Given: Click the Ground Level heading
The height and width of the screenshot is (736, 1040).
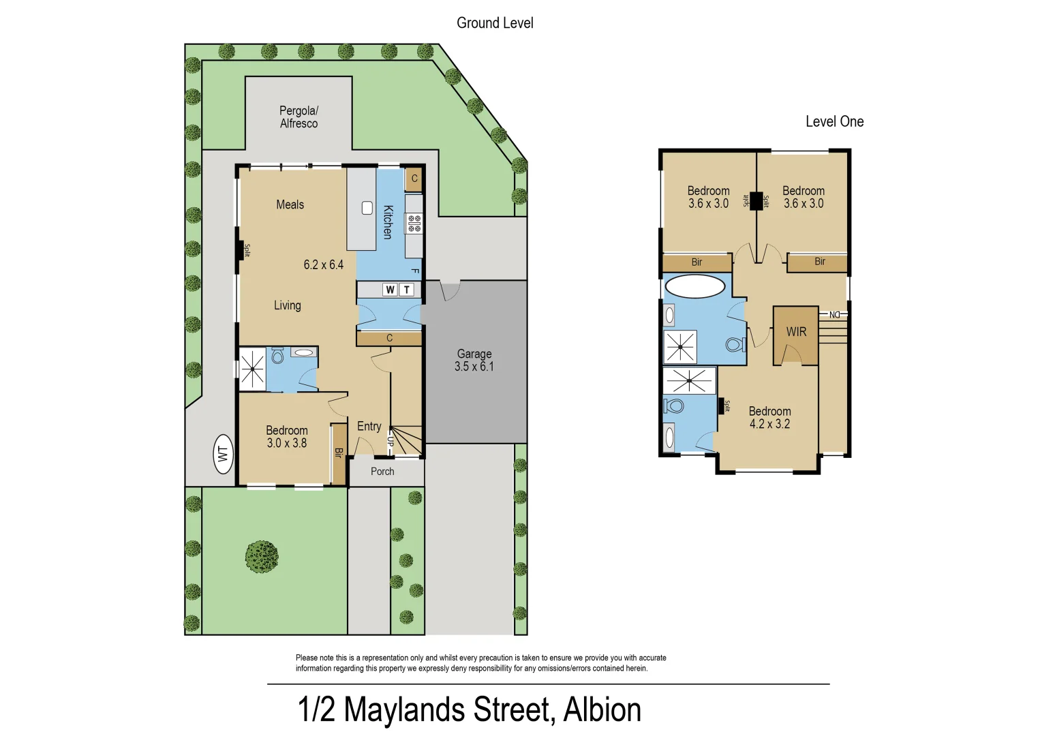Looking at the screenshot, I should point(495,23).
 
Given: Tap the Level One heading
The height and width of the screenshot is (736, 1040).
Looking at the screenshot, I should point(834,121).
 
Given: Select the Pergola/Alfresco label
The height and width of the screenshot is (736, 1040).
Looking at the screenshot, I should point(299,117).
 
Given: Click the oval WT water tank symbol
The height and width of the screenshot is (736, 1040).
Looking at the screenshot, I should point(223,453).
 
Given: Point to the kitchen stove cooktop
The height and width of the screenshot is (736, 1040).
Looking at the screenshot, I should point(414,223).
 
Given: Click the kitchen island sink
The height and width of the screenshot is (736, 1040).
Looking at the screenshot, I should point(367,208).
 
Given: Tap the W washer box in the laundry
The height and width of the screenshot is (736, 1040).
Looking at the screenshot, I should point(390,290).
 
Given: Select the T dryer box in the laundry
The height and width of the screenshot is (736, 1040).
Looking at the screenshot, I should point(407,290).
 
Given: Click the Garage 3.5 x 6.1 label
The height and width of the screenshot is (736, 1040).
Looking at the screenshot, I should point(474,360).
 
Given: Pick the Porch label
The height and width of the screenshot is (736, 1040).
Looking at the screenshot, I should point(382,472).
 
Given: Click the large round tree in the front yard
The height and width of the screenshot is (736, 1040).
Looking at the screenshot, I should point(262,557).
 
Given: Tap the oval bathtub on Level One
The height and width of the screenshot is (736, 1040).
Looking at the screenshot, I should point(694,286).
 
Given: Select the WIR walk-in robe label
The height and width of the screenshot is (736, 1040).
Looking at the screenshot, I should point(796,332).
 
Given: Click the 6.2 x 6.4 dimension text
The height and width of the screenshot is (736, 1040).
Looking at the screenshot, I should point(323,264).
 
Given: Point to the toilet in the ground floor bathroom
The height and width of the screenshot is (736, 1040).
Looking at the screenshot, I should point(277,356).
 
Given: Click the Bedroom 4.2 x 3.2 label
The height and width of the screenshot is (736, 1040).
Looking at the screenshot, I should point(769,417).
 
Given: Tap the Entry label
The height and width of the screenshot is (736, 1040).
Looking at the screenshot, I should point(369,426).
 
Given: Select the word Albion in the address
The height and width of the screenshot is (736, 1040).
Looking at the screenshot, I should point(602,709).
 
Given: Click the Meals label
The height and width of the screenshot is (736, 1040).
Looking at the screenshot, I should point(290,204).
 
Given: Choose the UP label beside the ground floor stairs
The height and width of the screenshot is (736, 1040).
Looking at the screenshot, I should point(391,441).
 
